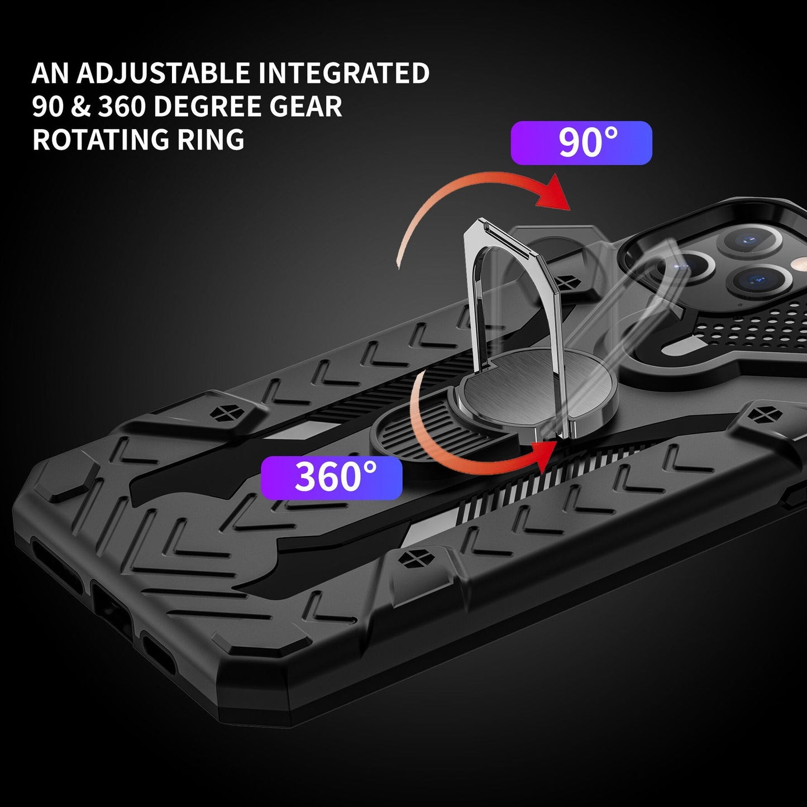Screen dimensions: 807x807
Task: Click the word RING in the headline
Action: [211, 140]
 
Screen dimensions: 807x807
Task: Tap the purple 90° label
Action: [581, 143]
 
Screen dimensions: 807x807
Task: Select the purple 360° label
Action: [332, 477]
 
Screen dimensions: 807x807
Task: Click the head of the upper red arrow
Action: [553, 193]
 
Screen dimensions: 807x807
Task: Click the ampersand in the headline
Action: [81, 107]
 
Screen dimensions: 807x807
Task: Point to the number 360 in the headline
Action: [121, 107]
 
